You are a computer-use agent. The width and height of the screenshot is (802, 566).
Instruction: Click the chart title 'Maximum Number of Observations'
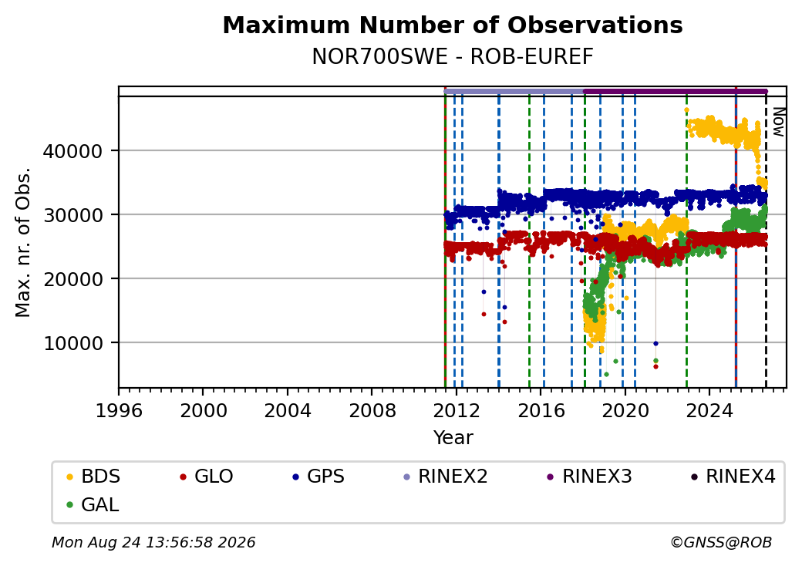tap(453, 25)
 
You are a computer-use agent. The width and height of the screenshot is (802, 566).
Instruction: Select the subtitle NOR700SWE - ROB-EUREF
tap(453, 57)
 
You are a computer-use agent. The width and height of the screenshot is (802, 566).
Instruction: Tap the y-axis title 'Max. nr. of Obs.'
tap(23, 242)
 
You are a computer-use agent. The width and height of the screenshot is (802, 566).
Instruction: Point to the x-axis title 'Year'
tap(453, 438)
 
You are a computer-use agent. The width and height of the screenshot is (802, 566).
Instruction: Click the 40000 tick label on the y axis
tap(73, 151)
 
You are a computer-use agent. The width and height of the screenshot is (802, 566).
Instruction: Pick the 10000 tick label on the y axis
tap(73, 343)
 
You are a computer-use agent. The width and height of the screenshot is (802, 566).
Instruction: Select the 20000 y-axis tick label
tap(73, 279)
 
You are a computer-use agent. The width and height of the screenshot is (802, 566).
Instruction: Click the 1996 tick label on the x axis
tap(120, 410)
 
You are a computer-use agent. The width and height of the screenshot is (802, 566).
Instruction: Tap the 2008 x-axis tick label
tap(372, 410)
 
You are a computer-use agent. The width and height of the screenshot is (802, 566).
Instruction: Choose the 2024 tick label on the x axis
tap(709, 410)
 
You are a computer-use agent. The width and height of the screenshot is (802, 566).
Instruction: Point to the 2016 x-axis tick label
tap(541, 410)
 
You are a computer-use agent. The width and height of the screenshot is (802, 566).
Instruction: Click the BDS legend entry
tap(93, 477)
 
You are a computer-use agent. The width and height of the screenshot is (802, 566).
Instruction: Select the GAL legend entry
tap(93, 504)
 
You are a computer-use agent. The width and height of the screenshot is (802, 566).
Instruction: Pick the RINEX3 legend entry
tap(589, 477)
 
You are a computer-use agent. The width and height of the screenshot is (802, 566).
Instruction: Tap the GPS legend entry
tap(318, 477)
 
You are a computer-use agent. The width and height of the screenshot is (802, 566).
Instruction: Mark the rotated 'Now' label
tap(778, 122)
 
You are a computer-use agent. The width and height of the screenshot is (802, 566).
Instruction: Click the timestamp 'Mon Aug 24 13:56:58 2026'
tap(153, 542)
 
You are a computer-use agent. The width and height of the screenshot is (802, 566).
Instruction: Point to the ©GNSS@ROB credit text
tap(721, 542)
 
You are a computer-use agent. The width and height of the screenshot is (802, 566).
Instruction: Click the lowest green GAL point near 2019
tap(606, 374)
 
